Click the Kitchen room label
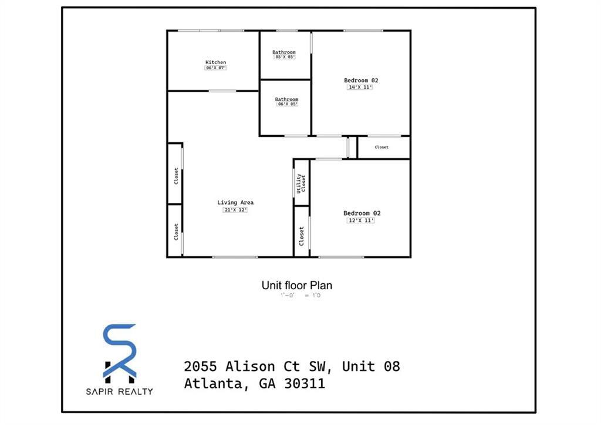[215, 62]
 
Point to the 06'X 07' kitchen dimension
[215, 68]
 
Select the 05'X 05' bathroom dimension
[284, 57]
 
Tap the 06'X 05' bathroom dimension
[287, 104]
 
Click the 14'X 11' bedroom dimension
[360, 87]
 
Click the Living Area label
[235, 203]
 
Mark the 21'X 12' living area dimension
[235, 210]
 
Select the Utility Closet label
[301, 183]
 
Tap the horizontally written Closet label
[381, 147]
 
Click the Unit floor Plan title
[296, 286]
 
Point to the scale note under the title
[300, 296]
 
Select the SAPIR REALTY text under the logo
[120, 391]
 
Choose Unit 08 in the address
[371, 366]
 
